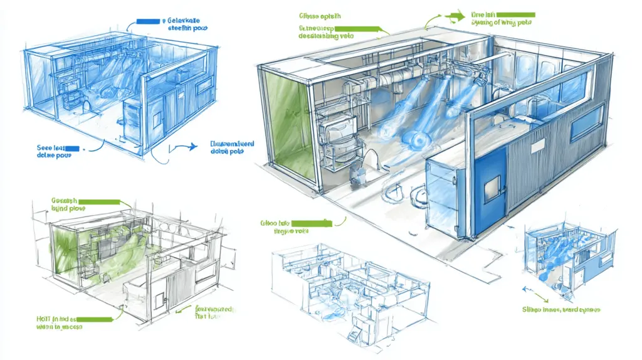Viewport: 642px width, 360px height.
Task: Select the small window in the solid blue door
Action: point(492,186)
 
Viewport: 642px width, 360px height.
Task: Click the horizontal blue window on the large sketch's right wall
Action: point(586,123)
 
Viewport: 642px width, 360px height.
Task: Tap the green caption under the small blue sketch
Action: point(562,309)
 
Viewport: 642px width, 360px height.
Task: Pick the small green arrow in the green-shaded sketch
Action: point(182,308)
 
